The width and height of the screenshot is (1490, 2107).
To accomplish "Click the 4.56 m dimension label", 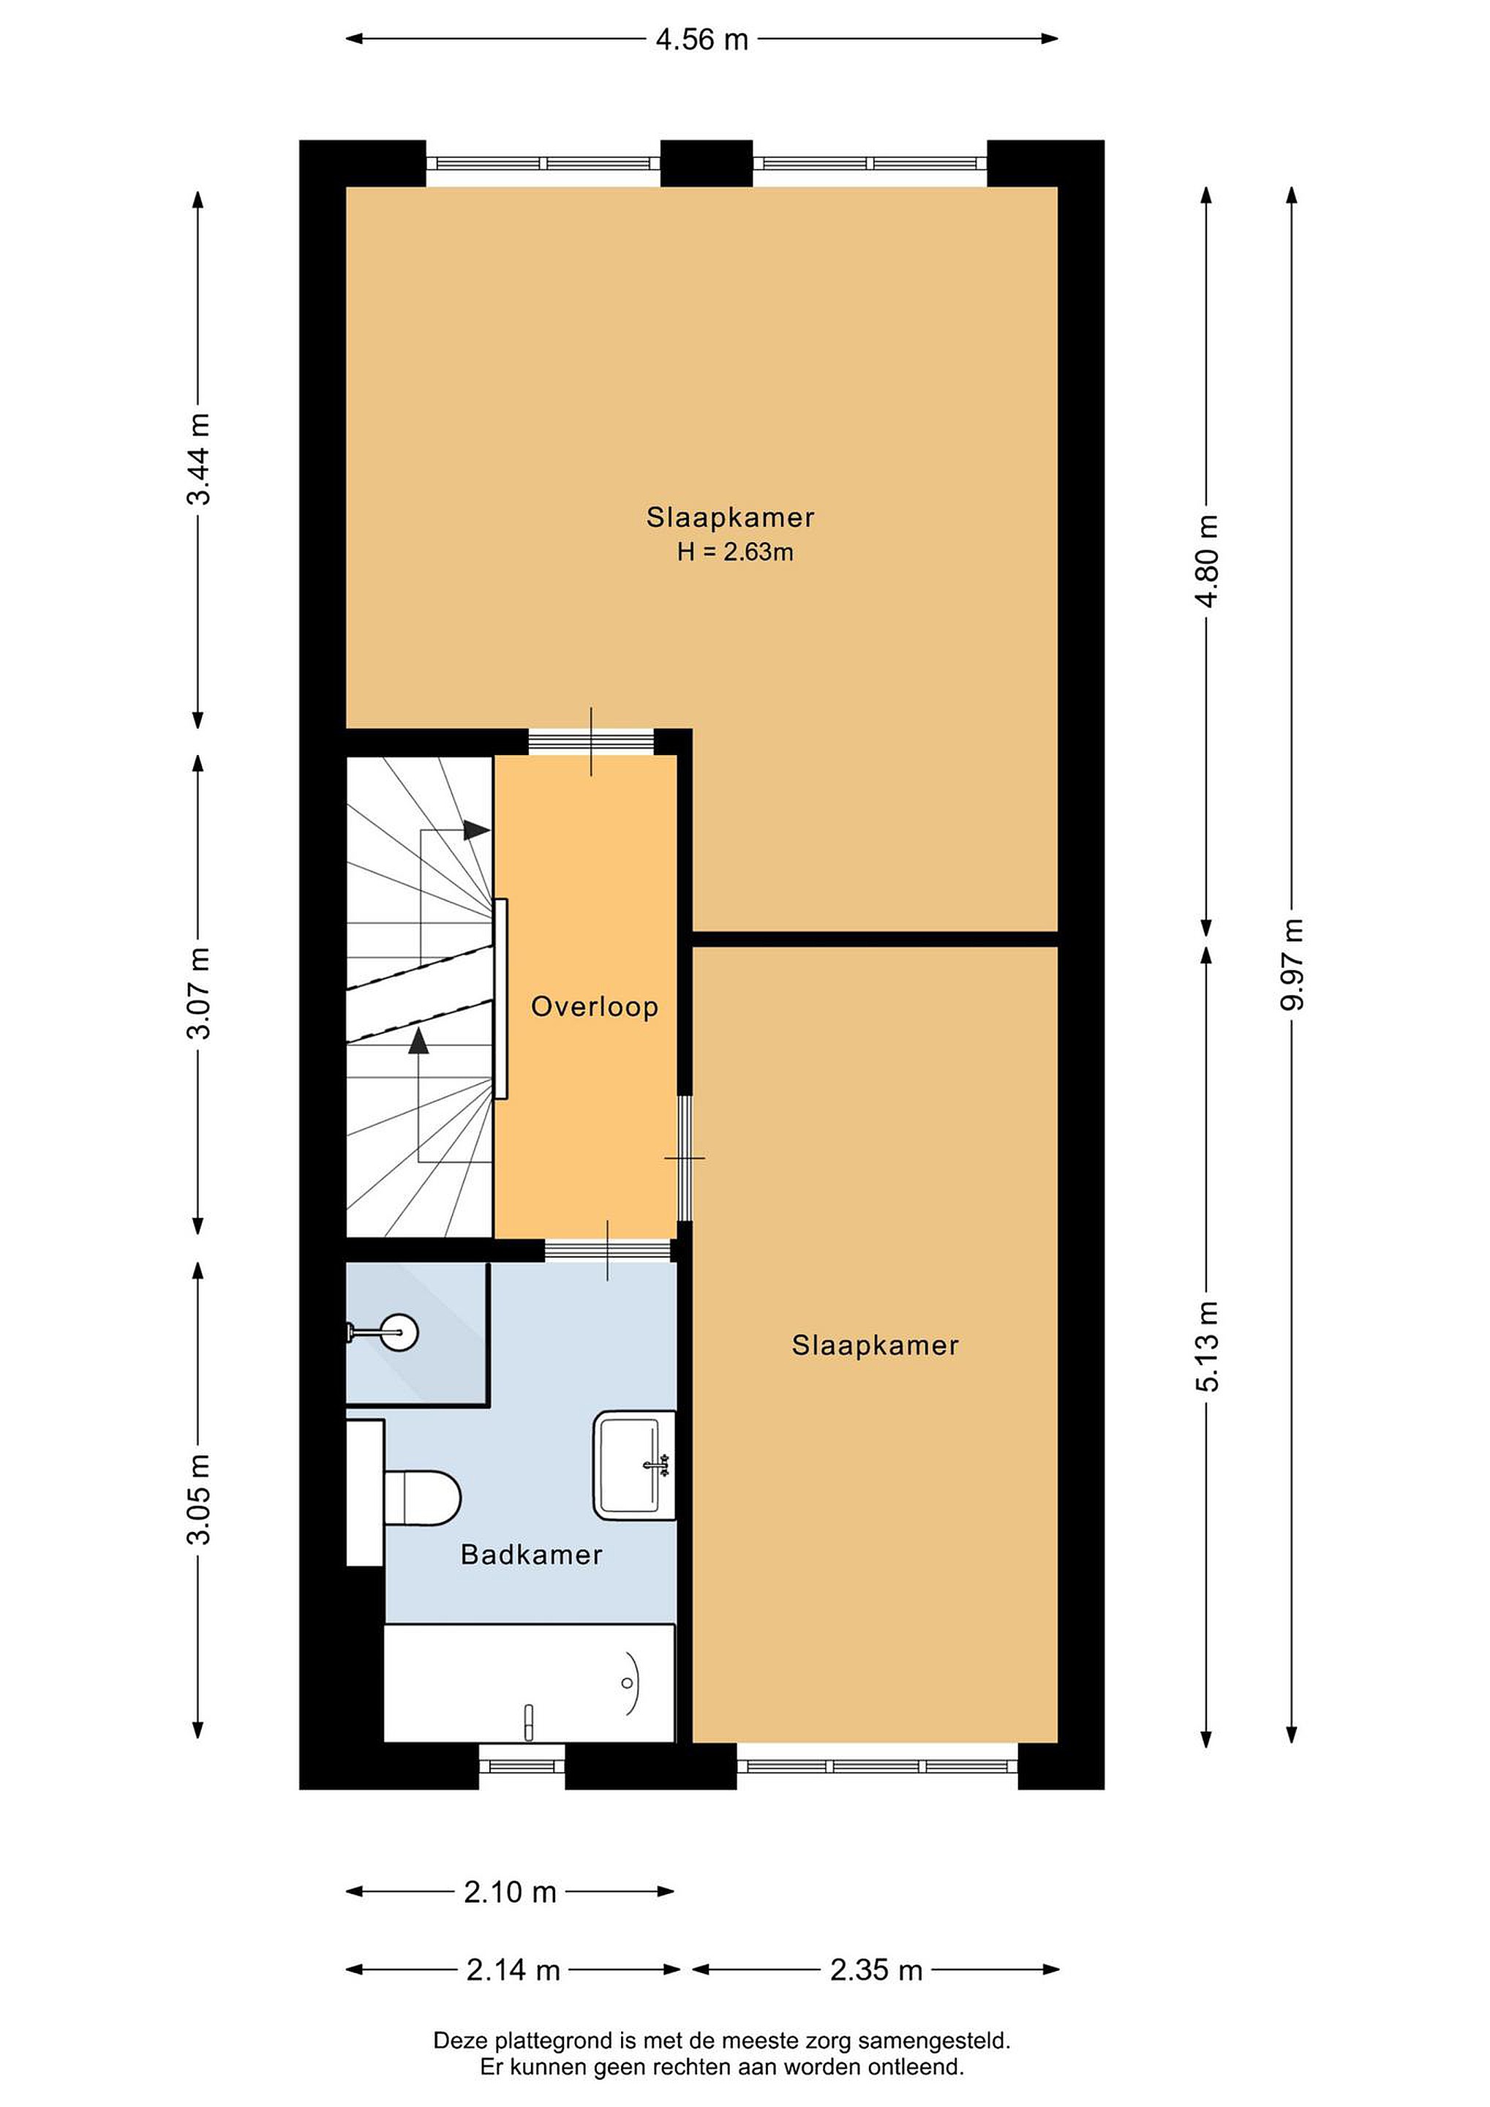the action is [x=702, y=40].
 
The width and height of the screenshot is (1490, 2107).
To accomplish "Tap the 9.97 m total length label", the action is [x=1292, y=964].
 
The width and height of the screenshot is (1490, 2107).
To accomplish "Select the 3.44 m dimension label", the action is [x=199, y=459].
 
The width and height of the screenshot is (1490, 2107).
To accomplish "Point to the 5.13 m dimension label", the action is [x=1208, y=1346].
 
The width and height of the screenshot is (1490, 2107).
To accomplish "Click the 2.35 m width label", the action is [x=876, y=1970].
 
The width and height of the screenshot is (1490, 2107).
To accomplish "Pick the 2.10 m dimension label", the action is [x=510, y=1891].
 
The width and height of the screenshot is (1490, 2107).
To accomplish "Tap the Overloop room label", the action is [x=595, y=1007].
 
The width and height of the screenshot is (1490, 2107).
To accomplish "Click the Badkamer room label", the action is [x=531, y=1555].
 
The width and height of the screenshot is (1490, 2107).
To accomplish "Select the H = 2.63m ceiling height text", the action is [x=735, y=552].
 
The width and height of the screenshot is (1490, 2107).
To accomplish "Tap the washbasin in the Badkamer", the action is [x=634, y=1465].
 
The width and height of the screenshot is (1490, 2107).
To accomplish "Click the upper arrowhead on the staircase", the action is [x=476, y=830].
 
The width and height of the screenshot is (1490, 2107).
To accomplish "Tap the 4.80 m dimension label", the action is [x=1208, y=562].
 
